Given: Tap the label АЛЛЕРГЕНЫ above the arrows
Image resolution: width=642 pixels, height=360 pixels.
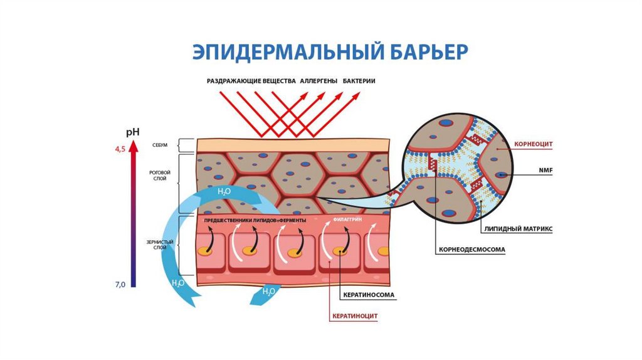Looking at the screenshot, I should (x=318, y=82).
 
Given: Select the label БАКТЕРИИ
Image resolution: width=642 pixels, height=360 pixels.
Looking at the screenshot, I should (x=359, y=82).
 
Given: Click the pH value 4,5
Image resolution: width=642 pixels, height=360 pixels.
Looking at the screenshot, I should (x=119, y=147).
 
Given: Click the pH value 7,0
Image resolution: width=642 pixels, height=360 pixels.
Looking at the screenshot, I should (x=120, y=285).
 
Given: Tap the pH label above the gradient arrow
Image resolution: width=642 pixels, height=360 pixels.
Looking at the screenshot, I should (x=132, y=132).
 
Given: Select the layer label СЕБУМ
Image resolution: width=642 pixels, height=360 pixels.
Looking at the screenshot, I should (x=159, y=145).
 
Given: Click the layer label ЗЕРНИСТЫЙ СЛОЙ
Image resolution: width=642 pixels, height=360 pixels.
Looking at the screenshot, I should (x=159, y=244).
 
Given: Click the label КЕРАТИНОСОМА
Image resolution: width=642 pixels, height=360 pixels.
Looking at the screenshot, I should (x=371, y=295).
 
